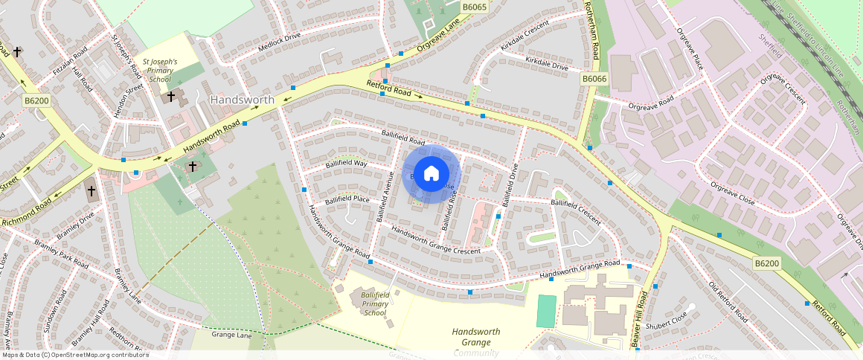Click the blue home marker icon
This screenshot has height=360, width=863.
[x=431, y=174]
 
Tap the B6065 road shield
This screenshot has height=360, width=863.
[x=474, y=7]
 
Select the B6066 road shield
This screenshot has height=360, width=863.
[x=594, y=79]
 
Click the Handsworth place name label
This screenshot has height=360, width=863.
[x=243, y=100]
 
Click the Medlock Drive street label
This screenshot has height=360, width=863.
[x=279, y=39]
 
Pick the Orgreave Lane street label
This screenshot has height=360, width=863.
[x=439, y=35]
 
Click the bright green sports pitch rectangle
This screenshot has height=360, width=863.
[x=545, y=311]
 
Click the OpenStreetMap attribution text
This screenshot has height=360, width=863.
[x=74, y=355]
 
